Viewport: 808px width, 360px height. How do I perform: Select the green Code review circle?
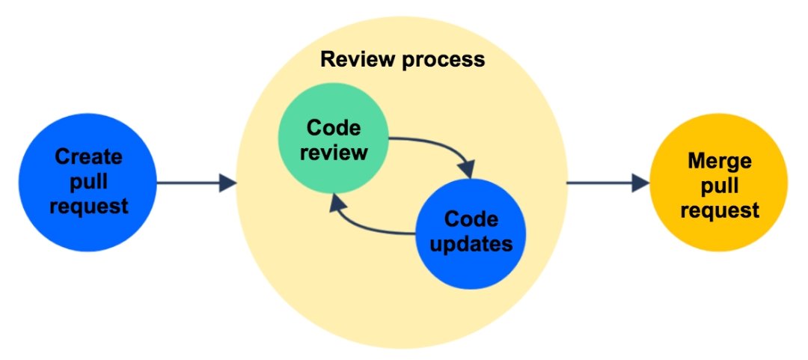(x=332, y=141)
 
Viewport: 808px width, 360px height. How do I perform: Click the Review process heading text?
(x=403, y=59)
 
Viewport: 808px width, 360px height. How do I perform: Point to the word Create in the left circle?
(x=88, y=157)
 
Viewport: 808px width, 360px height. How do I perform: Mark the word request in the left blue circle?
(x=88, y=206)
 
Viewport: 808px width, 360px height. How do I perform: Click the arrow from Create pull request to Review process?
(x=195, y=182)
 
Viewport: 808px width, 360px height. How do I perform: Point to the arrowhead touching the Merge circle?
(x=640, y=182)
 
